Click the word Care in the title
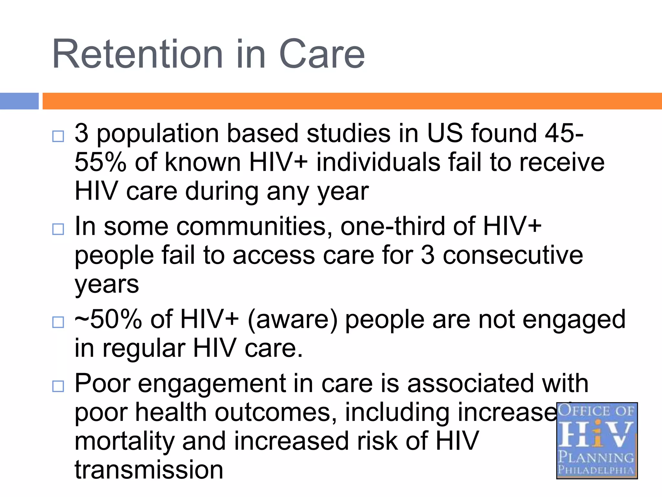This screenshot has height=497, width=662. click(322, 54)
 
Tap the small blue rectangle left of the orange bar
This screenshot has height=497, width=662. click(19, 101)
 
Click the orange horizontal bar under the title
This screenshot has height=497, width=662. click(352, 101)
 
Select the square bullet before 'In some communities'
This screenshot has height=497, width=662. click(58, 229)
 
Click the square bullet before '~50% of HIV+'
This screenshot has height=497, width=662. click(58, 322)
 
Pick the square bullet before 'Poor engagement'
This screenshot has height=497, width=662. click(58, 386)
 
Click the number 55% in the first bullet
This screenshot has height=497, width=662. click(100, 162)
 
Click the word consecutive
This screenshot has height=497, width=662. click(513, 255)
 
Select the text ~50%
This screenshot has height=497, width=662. click(108, 319)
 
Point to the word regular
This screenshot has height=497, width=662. click(144, 349)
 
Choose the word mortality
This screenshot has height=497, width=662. click(124, 442)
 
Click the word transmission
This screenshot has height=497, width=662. click(149, 470)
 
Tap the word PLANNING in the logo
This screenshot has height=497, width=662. click(596, 458)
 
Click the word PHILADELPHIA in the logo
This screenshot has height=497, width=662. click(596, 469)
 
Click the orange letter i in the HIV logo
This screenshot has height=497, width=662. click(598, 434)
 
